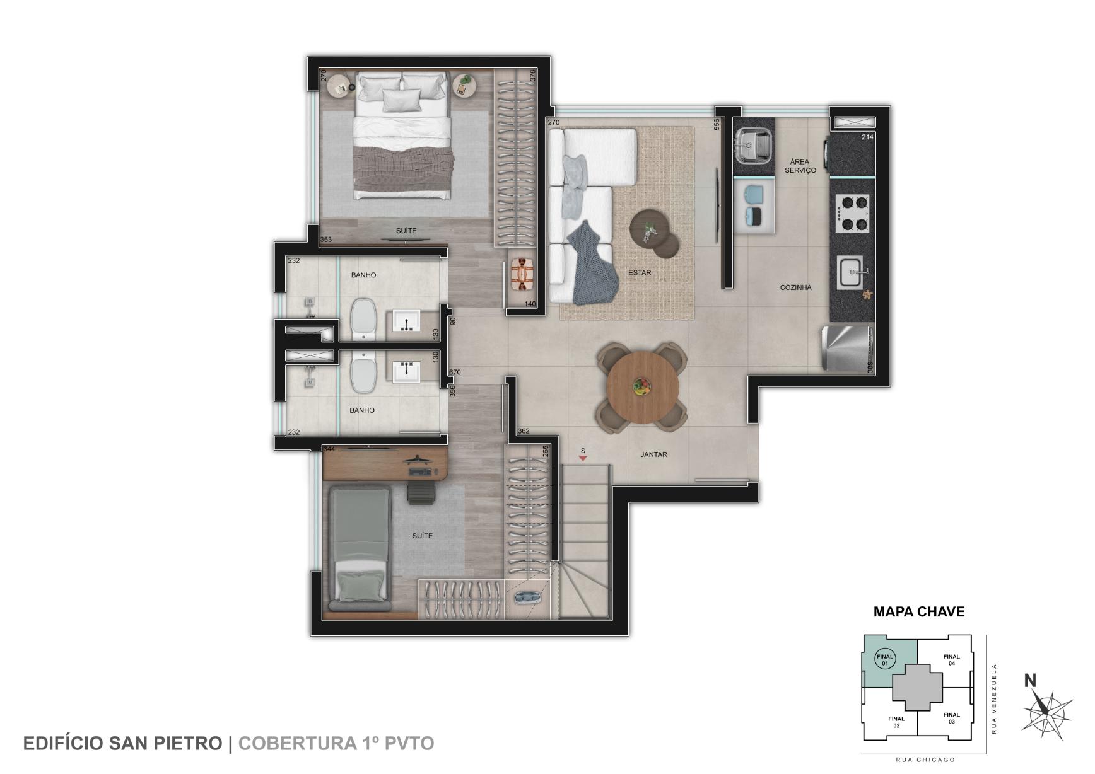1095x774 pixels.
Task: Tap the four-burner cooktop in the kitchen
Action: pos(853,213)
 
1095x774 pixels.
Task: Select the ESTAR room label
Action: pos(640,273)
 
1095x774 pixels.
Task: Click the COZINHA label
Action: pos(795,287)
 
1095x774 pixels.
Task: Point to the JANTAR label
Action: pos(653,454)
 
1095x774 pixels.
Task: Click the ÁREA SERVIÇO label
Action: pos(800,166)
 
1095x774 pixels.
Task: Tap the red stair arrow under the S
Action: pos(583,459)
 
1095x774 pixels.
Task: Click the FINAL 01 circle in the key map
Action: pos(884,660)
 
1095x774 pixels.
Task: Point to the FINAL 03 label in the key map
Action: pos(951,718)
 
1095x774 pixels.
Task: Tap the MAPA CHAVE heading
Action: pos(918,611)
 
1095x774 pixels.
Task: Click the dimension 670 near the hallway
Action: pos(454,373)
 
